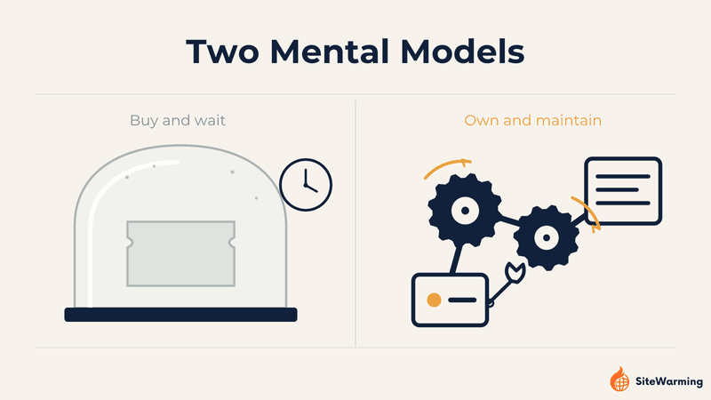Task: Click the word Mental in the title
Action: pyautogui.click(x=331, y=52)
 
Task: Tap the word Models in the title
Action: pyautogui.click(x=462, y=52)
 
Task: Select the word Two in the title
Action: pyautogui.click(x=223, y=52)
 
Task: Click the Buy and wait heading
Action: pyautogui.click(x=177, y=120)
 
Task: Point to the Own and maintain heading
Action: pyautogui.click(x=532, y=120)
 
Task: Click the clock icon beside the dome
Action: pyautogui.click(x=306, y=185)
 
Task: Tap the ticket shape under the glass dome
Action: pyautogui.click(x=181, y=253)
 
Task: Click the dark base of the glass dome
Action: pyautogui.click(x=181, y=315)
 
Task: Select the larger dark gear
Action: pyautogui.click(x=465, y=211)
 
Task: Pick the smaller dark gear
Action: pyautogui.click(x=547, y=237)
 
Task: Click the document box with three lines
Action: pyautogui.click(x=623, y=190)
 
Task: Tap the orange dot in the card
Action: pyautogui.click(x=434, y=300)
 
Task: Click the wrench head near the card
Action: pyautogui.click(x=515, y=273)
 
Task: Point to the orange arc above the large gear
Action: pyautogui.click(x=446, y=164)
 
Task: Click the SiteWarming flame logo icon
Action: pyautogui.click(x=619, y=380)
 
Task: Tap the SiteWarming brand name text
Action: pyautogui.click(x=669, y=381)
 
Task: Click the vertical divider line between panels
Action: pyautogui.click(x=355, y=224)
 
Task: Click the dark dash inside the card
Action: pyautogui.click(x=462, y=300)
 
